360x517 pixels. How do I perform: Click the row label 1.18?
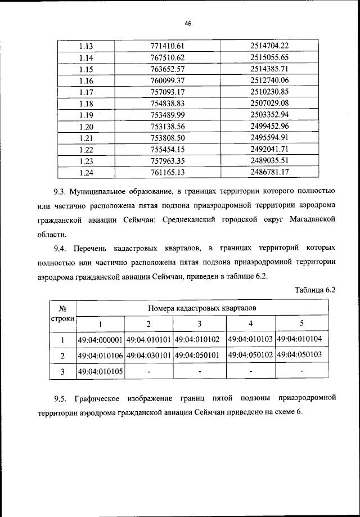(86, 104)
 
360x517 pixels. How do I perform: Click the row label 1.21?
(86, 138)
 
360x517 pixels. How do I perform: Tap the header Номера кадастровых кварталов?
(202, 308)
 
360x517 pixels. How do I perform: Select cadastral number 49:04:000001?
(100, 340)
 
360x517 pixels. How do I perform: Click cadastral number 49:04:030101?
(149, 356)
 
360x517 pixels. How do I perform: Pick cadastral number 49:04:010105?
(100, 371)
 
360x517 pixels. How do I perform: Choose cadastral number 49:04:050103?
(301, 356)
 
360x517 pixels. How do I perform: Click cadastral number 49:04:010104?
(301, 340)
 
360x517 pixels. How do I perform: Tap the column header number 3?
(199, 323)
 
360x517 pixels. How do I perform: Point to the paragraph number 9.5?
(61, 399)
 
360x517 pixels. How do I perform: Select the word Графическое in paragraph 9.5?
(100, 399)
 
